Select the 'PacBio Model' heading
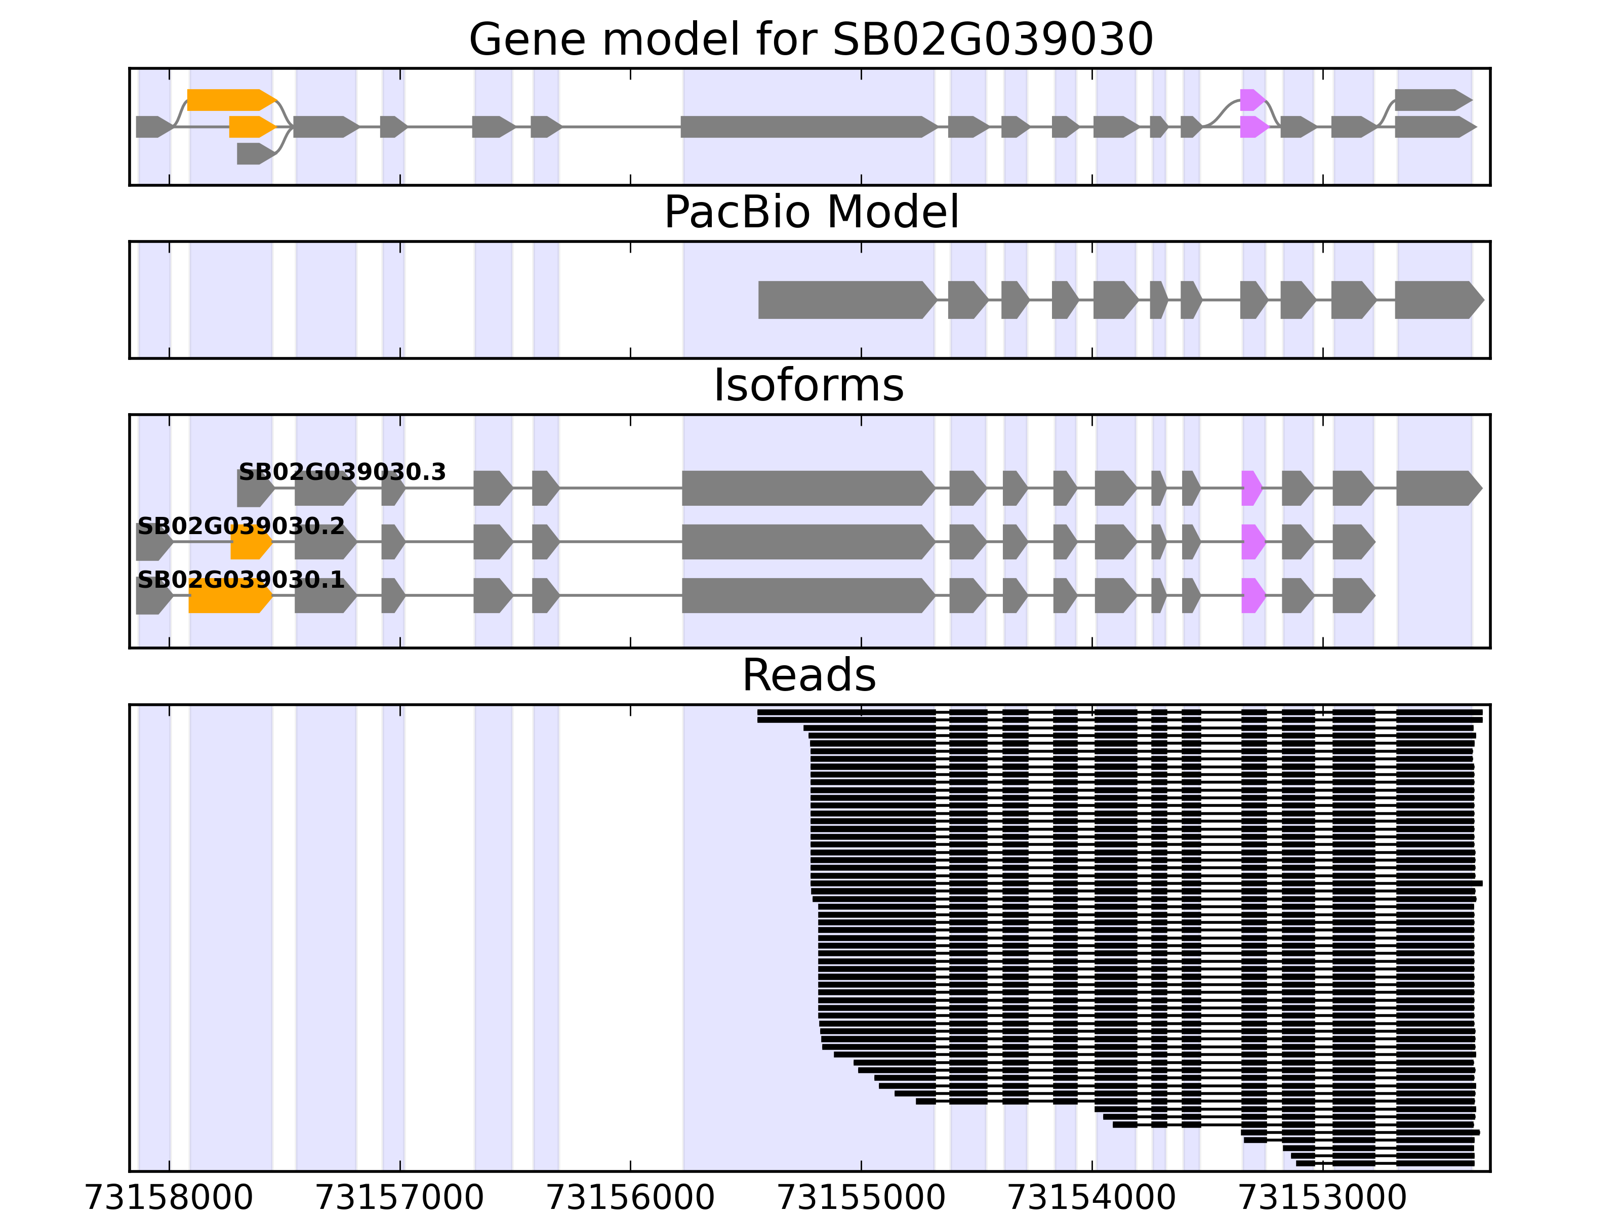click(810, 213)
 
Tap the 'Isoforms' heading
click(808, 386)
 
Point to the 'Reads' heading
click(808, 675)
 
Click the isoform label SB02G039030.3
click(342, 472)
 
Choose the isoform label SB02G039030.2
click(241, 526)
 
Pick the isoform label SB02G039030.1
click(241, 581)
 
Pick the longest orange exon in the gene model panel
click(230, 100)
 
